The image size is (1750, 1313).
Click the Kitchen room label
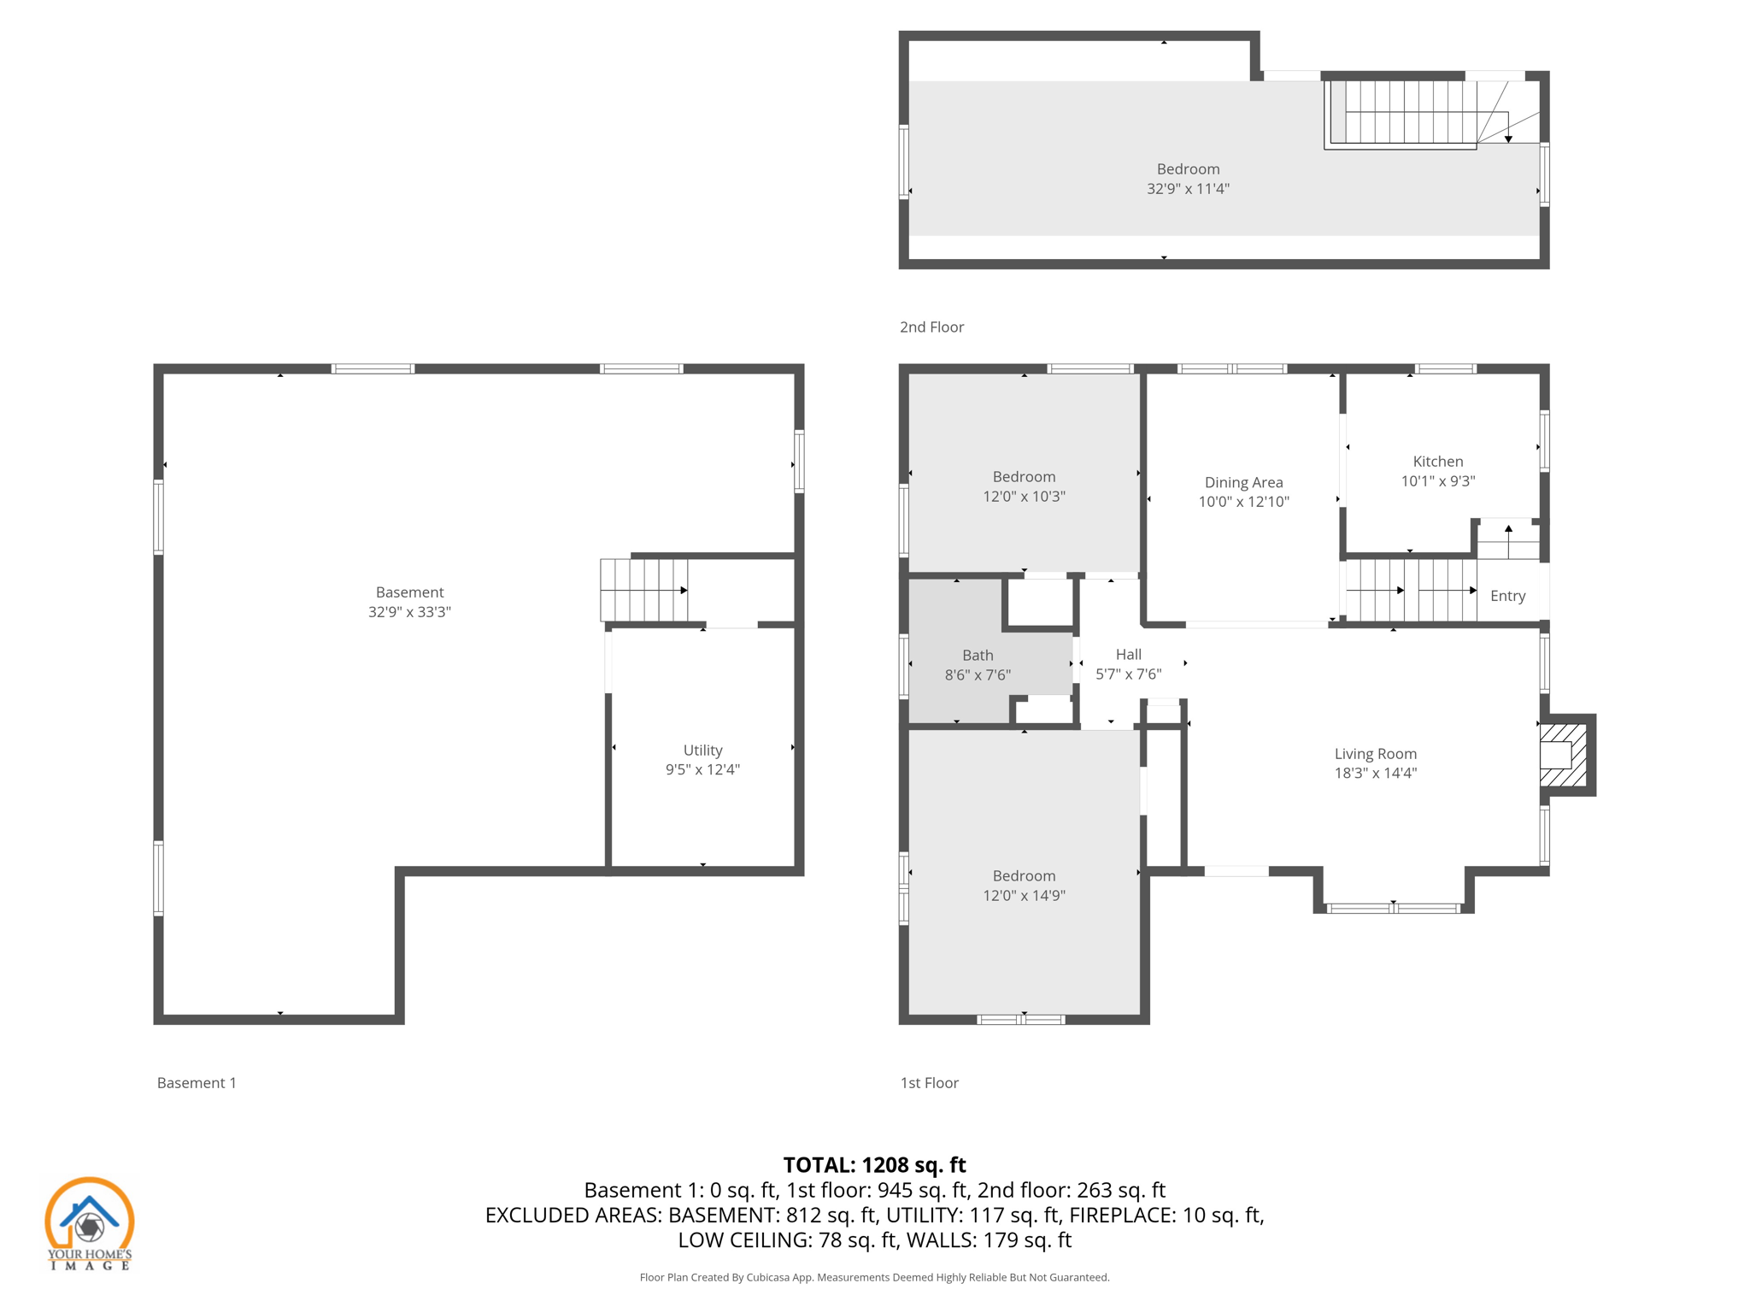point(1437,462)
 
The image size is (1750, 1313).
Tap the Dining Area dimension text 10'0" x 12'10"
point(1243,502)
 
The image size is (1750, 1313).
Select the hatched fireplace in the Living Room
point(1563,756)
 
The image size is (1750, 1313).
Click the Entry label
point(1507,596)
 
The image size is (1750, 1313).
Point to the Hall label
point(1128,654)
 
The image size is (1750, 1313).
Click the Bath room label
point(978,655)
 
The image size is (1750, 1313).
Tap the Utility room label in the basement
point(702,750)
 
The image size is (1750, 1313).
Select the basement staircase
point(643,590)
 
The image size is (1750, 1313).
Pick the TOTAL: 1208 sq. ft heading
point(874,1165)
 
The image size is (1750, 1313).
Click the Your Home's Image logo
point(89,1223)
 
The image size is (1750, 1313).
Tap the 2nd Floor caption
point(931,327)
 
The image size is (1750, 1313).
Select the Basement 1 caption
point(197,1082)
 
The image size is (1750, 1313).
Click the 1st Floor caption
point(929,1082)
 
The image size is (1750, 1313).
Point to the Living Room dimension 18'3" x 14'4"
point(1375,773)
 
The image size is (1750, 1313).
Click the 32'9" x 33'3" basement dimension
point(409,612)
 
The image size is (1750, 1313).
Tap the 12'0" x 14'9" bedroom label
point(1024,895)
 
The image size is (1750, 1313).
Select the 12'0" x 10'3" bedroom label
point(1024,497)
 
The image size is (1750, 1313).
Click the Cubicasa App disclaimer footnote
point(874,1277)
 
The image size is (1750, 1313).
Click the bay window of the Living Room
point(1393,908)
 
